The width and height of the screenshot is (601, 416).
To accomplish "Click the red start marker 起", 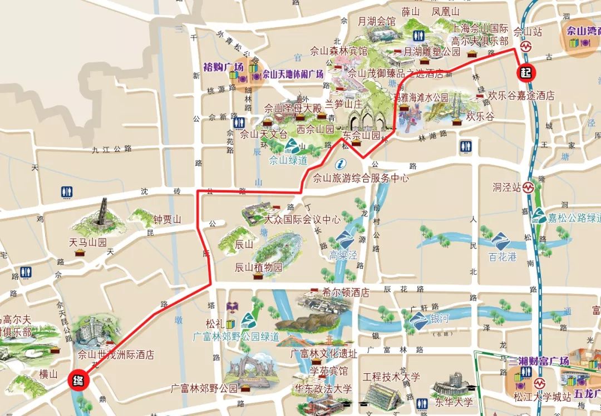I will tap(525, 72).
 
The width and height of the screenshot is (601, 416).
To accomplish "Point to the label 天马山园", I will tap(87, 242).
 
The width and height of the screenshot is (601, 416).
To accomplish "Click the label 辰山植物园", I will tap(259, 267).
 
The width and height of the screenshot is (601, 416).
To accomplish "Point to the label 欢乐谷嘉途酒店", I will tap(521, 95).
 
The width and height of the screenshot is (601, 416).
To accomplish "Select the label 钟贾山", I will tap(168, 220).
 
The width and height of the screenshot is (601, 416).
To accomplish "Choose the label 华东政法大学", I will tap(323, 388).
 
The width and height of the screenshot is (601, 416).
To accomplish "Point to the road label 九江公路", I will tap(111, 149).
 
